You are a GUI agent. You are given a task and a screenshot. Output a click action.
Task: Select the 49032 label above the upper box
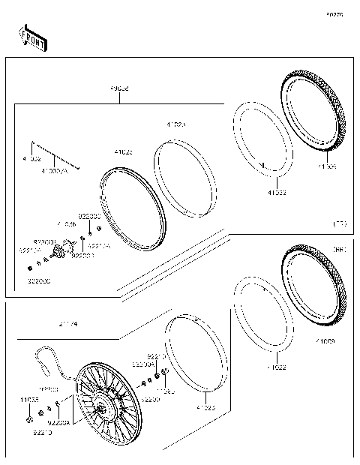pyautogui.click(x=119, y=88)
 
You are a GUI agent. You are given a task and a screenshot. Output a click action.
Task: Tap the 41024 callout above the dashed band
pyautogui.click(x=175, y=124)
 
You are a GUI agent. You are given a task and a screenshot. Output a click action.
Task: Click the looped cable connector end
pyautogui.click(x=37, y=354)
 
